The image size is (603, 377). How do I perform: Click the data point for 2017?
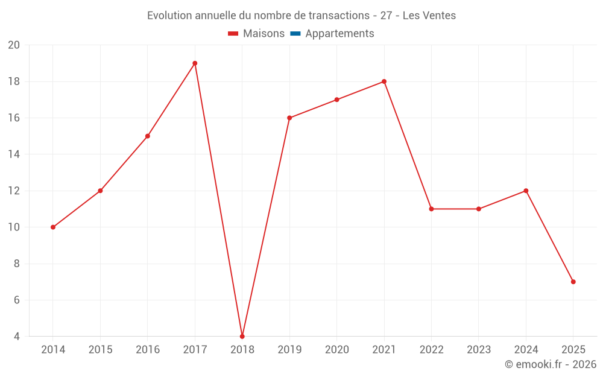click(x=195, y=63)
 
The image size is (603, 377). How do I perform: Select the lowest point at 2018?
click(x=242, y=336)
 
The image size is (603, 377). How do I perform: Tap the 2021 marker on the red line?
click(x=384, y=81)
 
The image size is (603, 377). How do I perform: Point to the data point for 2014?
click(x=53, y=227)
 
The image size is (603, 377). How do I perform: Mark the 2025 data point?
click(x=573, y=282)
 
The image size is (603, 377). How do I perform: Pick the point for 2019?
click(x=289, y=118)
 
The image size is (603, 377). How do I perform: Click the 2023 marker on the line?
click(x=479, y=209)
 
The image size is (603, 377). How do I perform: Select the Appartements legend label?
click(x=339, y=34)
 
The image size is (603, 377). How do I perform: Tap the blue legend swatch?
click(x=295, y=34)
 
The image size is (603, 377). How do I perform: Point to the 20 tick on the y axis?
click(x=14, y=45)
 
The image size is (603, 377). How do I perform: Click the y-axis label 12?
click(x=14, y=191)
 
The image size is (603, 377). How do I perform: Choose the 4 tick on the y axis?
click(x=17, y=337)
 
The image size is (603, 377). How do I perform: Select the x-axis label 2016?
click(x=148, y=350)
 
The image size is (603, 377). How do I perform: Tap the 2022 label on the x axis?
click(x=431, y=350)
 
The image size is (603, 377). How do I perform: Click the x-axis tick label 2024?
click(x=526, y=350)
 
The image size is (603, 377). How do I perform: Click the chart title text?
click(x=301, y=16)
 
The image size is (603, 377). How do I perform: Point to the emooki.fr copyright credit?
click(x=551, y=364)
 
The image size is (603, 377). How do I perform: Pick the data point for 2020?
click(x=336, y=100)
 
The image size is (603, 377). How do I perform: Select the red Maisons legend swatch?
click(x=233, y=34)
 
